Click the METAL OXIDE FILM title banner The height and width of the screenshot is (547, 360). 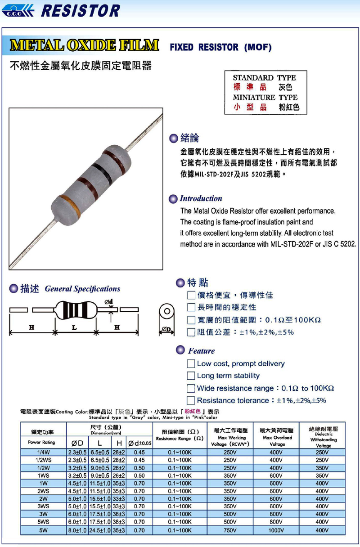click(85, 45)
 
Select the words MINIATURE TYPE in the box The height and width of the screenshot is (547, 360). click(265, 97)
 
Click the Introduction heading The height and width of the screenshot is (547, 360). click(201, 198)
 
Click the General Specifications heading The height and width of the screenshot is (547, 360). click(82, 289)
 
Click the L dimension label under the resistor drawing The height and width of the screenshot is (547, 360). click(75, 327)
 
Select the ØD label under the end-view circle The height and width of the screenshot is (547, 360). click(166, 328)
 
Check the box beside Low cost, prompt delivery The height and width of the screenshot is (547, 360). click(191, 363)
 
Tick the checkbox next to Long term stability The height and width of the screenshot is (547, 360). click(191, 376)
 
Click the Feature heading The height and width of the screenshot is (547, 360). click(201, 351)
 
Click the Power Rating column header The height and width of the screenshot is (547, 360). click(41, 442)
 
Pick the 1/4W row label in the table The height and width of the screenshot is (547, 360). click(43, 452)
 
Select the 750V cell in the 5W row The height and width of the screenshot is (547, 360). click(229, 531)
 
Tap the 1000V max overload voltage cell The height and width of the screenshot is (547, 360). click(276, 531)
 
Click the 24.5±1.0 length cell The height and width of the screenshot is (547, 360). click(99, 531)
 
